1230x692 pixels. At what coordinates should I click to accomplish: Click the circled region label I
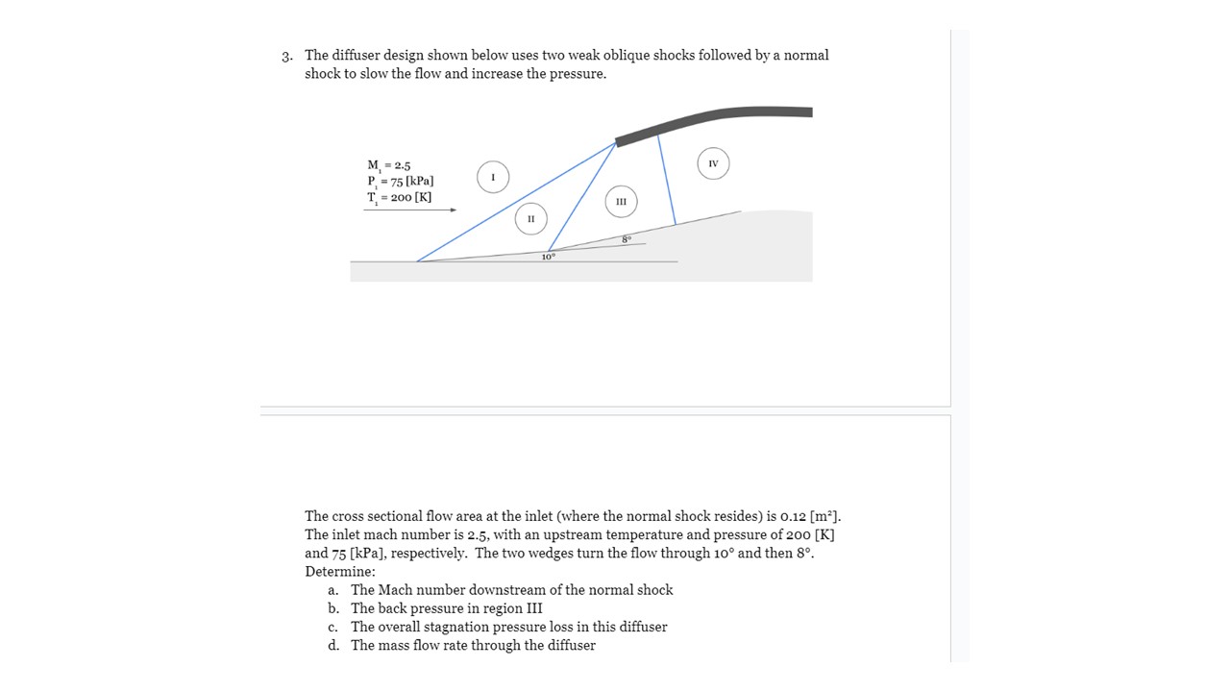tap(493, 178)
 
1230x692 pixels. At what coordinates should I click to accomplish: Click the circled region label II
tap(529, 219)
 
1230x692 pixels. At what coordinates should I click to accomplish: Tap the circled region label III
tap(621, 202)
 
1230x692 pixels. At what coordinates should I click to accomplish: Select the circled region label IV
tap(713, 164)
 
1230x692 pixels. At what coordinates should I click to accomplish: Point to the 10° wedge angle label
tap(548, 257)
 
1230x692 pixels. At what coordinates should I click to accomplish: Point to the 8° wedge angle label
tap(626, 238)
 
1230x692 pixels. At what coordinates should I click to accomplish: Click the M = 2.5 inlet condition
tap(388, 165)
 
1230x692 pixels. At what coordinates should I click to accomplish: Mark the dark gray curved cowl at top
tap(713, 118)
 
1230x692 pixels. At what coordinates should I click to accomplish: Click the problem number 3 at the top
tap(286, 56)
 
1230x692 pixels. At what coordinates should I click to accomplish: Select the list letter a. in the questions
tap(332, 590)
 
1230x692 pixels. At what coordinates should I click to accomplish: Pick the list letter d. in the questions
tap(332, 646)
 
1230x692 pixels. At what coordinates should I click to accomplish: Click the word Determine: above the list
tap(340, 572)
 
